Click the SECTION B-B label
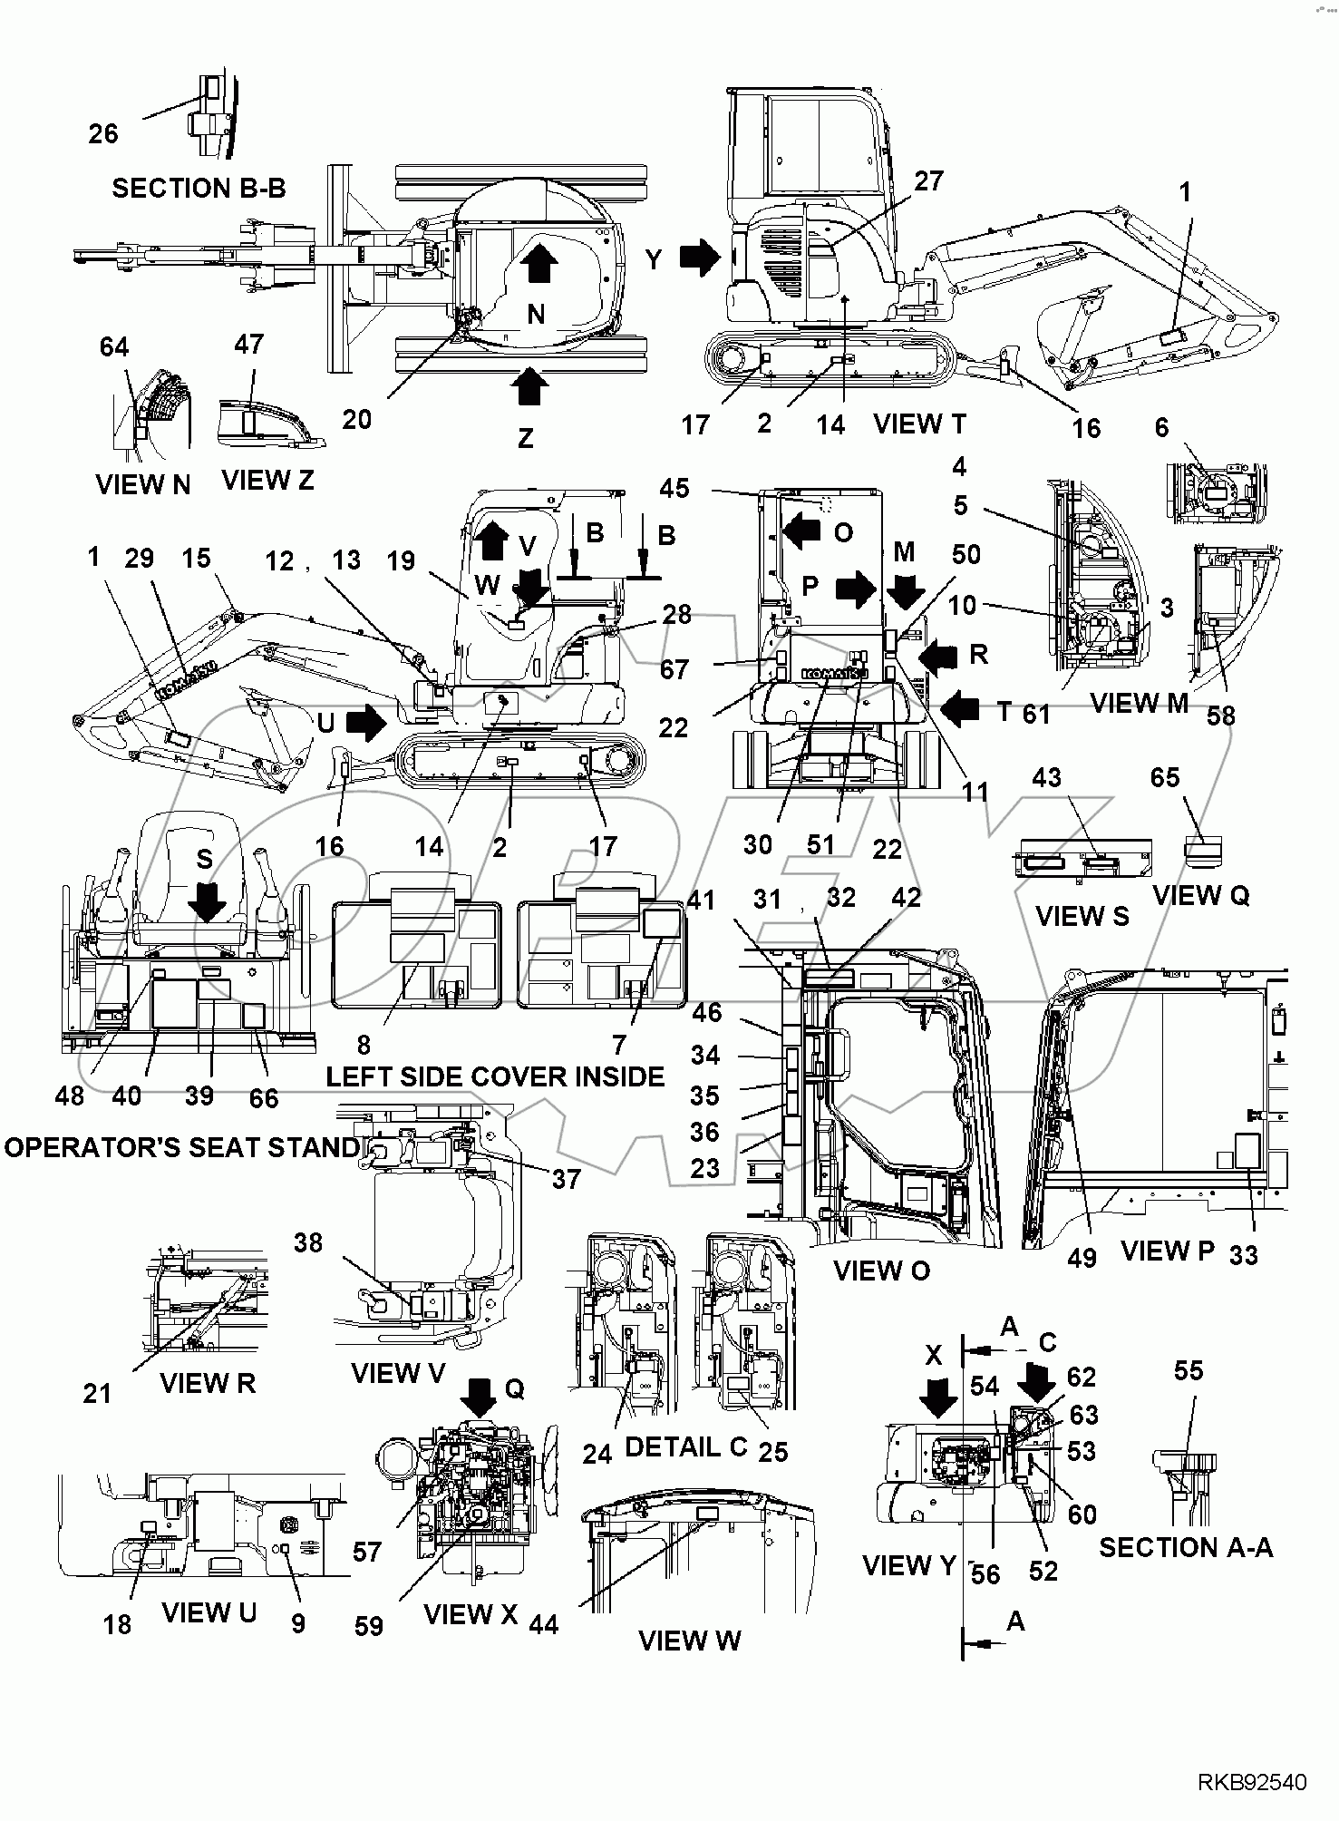coord(199,188)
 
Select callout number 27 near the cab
coord(928,181)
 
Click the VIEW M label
coord(1138,703)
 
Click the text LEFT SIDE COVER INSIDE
coord(495,1076)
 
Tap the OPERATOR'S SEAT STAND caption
coord(181,1147)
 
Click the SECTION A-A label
coord(1186,1547)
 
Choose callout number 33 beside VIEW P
coord(1243,1255)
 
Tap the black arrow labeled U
coord(366,723)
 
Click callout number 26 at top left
coord(103,133)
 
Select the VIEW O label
coord(881,1271)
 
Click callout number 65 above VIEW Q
coord(1165,777)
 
